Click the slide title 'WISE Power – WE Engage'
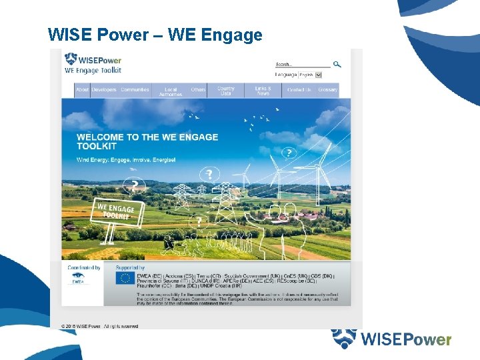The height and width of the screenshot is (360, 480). coord(155,35)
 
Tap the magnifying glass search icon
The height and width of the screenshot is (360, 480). coord(337,65)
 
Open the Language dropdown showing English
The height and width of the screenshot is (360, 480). coord(310,75)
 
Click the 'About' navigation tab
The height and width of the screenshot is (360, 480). coord(82,90)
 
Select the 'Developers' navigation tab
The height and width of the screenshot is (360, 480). coord(104,90)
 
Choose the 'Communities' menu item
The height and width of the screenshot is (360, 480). coord(135,90)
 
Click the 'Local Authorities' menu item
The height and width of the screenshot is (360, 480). coord(171,91)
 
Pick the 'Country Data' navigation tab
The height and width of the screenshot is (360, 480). coord(226,91)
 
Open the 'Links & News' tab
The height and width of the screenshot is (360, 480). coord(263,91)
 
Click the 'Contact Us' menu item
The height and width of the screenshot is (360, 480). coord(299,90)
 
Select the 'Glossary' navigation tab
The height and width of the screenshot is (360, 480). coord(327,90)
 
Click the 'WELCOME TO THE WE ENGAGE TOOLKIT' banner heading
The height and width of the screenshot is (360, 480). coord(147,141)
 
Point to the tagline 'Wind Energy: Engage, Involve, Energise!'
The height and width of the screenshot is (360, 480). coord(126,160)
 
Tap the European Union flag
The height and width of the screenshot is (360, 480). coord(124,278)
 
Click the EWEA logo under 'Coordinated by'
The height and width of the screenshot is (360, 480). coord(77,279)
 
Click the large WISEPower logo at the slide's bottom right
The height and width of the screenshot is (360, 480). coord(391,339)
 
